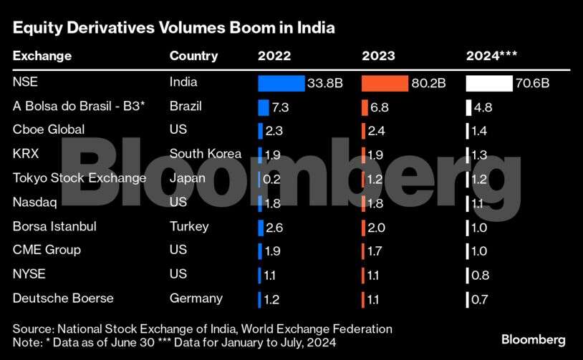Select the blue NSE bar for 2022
click(x=281, y=83)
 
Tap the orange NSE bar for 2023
click(x=385, y=83)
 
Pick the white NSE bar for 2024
click(x=488, y=83)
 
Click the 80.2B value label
click(x=428, y=83)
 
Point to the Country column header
click(x=193, y=56)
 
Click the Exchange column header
click(x=42, y=56)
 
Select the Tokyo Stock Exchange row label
click(x=79, y=178)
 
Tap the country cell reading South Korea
click(x=205, y=153)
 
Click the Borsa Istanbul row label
click(x=54, y=226)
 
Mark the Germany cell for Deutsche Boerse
click(x=196, y=298)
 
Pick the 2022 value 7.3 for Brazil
click(x=279, y=107)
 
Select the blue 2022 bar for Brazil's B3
click(x=263, y=107)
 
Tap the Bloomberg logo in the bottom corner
click(x=534, y=339)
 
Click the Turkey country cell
click(x=189, y=226)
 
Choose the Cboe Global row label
click(x=49, y=130)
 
